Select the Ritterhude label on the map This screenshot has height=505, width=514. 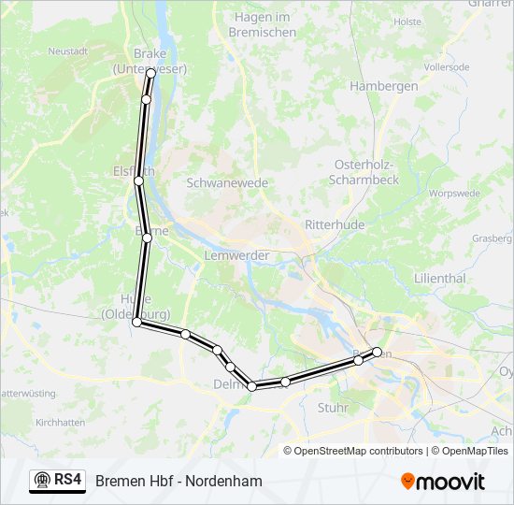tap(334, 225)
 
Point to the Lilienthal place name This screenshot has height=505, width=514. tap(439, 279)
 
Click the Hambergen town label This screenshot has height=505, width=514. tap(383, 85)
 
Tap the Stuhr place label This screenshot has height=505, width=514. tap(332, 408)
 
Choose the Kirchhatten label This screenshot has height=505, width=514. tap(60, 423)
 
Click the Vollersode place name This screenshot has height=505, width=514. tap(445, 68)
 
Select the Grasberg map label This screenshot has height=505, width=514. tap(492, 238)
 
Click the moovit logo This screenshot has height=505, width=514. tap(443, 482)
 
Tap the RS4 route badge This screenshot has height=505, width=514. tap(57, 481)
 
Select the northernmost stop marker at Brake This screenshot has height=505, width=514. tap(150, 72)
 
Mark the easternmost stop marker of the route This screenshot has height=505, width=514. tap(378, 352)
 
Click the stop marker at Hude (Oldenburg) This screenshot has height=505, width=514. tap(136, 322)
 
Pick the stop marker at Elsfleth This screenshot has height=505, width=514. tap(138, 180)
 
